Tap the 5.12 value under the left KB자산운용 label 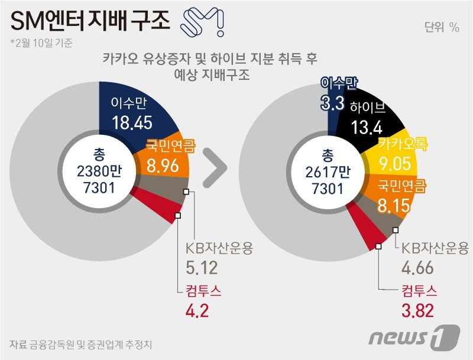[202, 268]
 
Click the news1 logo [413, 337]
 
